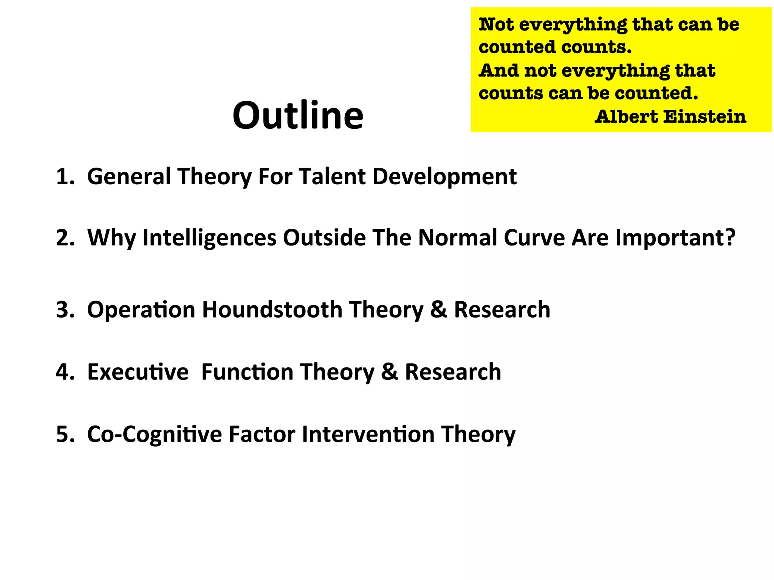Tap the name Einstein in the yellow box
coord(705,117)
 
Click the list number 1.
coord(64,177)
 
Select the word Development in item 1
coord(444,177)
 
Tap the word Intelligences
coord(209,238)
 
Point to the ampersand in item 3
coord(438,310)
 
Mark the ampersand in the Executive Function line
coord(389,372)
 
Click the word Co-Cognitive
coord(154,434)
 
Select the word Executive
coord(138,372)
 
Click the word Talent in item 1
coord(332,177)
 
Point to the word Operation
coord(141,310)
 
